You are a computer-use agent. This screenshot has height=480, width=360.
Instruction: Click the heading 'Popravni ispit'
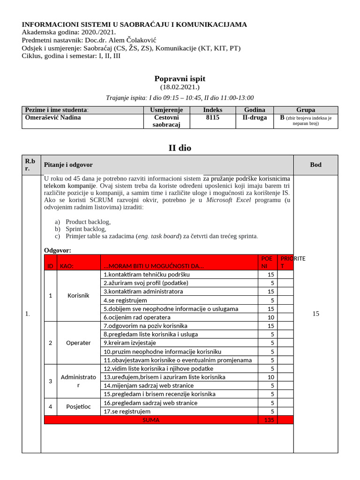point(180,79)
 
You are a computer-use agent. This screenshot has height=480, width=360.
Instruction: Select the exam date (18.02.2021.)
point(180,87)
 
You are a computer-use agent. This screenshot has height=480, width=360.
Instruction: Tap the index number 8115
point(212,118)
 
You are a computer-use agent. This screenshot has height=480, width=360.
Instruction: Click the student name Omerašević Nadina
point(52,118)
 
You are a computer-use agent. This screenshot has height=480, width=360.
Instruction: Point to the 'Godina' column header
point(255,110)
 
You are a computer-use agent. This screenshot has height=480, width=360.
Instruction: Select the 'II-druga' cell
point(255,118)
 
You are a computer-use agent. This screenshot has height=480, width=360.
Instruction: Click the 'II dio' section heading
point(180,148)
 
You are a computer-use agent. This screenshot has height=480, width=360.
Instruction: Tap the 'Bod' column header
point(315,165)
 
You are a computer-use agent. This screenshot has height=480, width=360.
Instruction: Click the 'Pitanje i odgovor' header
point(68,165)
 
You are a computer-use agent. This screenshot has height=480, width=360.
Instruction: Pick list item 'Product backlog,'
point(88,222)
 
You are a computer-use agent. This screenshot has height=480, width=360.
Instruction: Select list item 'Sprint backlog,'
point(86,229)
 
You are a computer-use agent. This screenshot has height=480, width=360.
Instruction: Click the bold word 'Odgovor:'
point(58,250)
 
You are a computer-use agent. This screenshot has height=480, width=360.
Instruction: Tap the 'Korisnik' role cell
point(78,296)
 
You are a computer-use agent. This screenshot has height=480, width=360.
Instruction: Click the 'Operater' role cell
point(78,343)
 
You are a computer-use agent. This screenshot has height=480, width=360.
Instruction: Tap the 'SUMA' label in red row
point(151,420)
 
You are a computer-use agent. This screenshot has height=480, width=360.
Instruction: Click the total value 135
point(269,420)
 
